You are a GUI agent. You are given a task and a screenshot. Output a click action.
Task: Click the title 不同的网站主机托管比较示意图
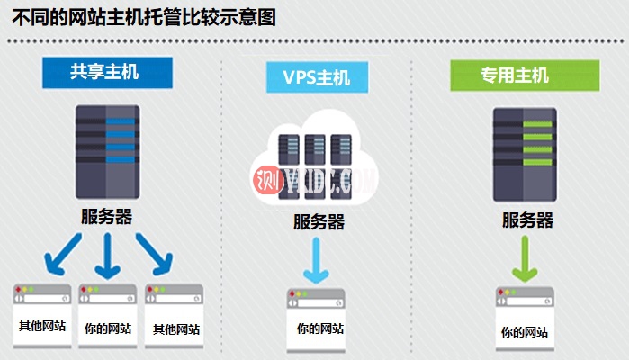tap(144, 17)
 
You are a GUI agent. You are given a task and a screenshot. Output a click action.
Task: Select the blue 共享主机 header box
tap(105, 73)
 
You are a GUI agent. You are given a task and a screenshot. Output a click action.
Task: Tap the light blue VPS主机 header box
tap(319, 77)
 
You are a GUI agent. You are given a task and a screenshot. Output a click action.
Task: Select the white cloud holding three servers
tap(316, 157)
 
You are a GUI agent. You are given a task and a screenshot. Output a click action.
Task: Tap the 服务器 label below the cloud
tap(318, 222)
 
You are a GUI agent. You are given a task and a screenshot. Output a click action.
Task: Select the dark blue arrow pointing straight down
tap(109, 256)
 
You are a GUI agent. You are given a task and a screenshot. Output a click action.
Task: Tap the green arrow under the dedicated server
tap(526, 261)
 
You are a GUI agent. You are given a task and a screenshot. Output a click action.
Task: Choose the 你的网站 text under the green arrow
tap(525, 332)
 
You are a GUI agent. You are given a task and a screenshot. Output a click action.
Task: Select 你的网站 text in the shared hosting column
tap(108, 328)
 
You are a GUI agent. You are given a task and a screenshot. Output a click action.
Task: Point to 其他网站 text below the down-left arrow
tap(42, 328)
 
